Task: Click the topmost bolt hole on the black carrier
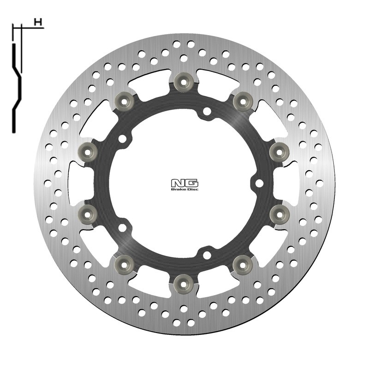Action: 207,111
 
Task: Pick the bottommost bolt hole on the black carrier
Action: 207,254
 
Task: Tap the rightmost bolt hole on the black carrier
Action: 259,184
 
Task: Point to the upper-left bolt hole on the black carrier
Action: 122,138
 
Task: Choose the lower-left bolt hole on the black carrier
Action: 122,227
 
